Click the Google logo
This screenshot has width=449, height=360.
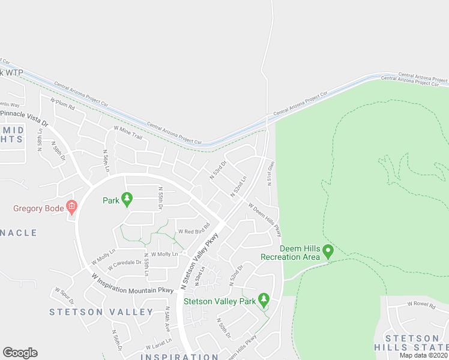tap(20, 353)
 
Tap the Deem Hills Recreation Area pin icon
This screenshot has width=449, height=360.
tap(328, 250)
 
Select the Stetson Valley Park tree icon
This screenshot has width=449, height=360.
tap(263, 299)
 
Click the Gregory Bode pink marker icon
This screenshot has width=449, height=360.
tap(72, 208)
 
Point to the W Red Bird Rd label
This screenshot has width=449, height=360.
tap(193, 229)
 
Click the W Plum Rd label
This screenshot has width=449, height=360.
tap(62, 104)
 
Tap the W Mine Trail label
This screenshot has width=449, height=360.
tap(128, 133)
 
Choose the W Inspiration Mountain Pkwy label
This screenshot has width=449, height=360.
tap(133, 286)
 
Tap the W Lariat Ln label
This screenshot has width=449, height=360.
tap(158, 347)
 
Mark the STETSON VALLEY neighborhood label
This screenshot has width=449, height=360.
tap(101, 311)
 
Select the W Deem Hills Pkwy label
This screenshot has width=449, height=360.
tap(265, 220)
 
